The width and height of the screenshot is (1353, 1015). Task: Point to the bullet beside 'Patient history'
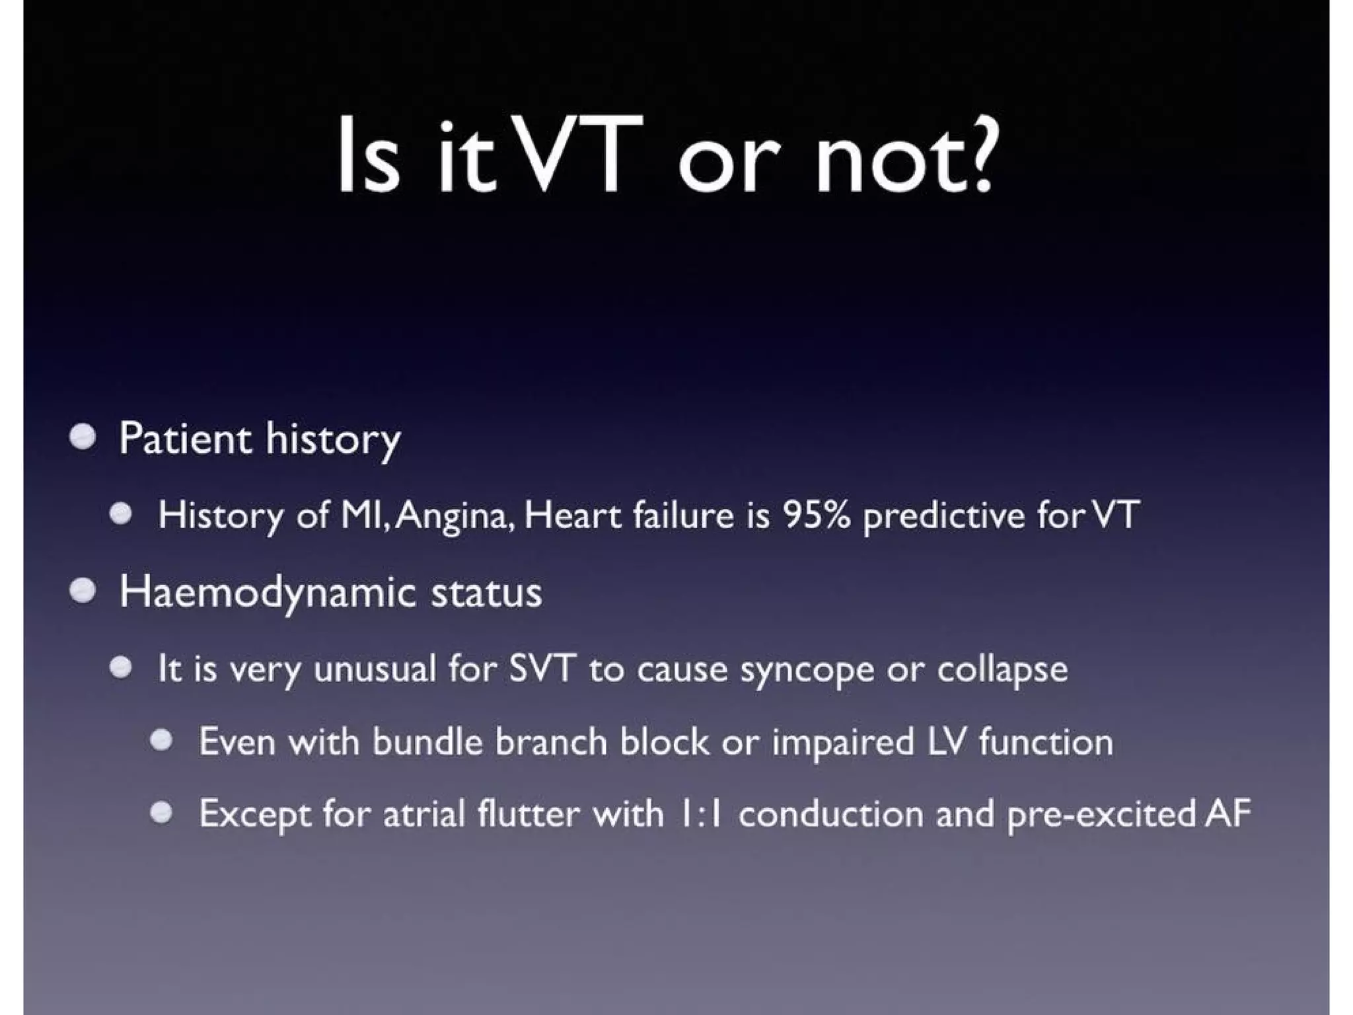83,437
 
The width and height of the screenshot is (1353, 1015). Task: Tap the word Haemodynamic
267,593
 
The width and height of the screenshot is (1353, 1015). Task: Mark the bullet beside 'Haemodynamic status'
83,590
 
